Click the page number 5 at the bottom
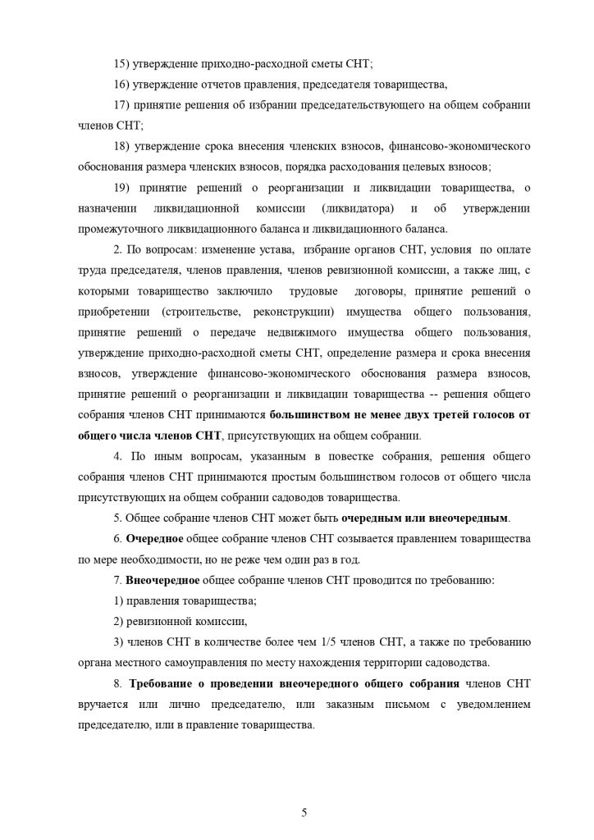(304, 790)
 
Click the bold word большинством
(309, 415)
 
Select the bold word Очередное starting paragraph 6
(154, 539)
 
